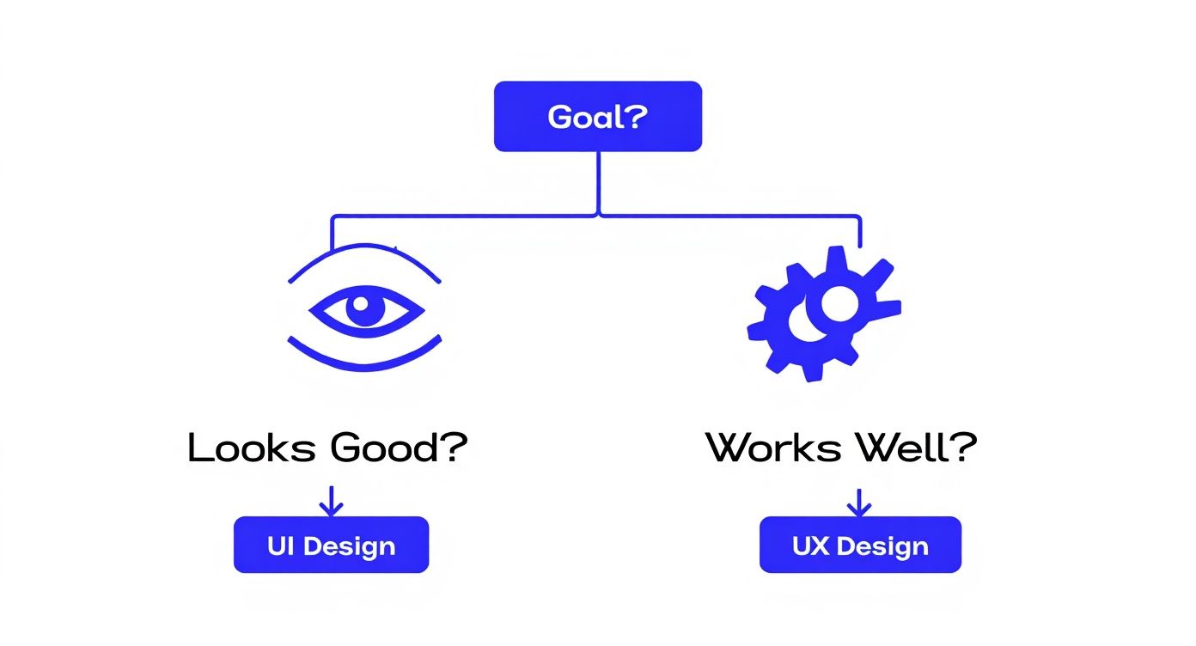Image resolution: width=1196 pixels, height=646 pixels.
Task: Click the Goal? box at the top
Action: tap(598, 116)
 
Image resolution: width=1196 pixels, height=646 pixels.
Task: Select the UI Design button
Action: tap(331, 545)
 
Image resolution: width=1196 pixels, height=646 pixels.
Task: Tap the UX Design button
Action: tap(860, 545)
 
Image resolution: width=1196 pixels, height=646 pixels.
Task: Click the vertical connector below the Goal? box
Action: tap(598, 182)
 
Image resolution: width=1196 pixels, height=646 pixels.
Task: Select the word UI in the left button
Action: tap(281, 545)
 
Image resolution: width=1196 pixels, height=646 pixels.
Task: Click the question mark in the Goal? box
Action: tap(634, 116)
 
